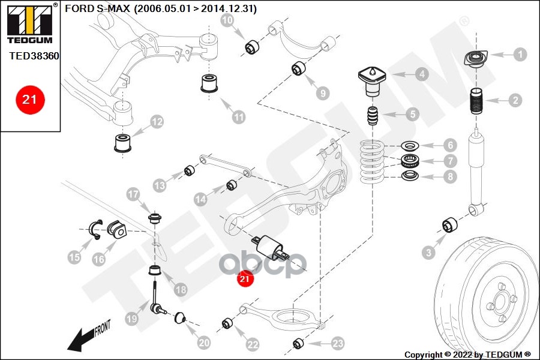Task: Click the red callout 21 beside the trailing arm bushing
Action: click(245, 278)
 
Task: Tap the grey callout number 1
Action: click(520, 54)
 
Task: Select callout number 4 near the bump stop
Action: click(422, 74)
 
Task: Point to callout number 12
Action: click(157, 122)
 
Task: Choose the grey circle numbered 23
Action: click(338, 343)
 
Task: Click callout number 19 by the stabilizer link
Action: click(131, 319)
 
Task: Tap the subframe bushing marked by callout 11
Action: click(209, 84)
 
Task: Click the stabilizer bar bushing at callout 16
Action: click(116, 229)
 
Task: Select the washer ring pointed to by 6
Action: click(410, 146)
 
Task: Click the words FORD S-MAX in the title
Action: click(98, 9)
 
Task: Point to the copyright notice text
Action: click(467, 354)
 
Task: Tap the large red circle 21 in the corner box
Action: click(29, 100)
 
